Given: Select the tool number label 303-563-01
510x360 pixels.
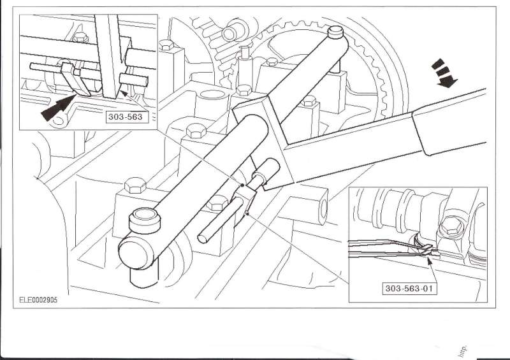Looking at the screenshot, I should tap(412, 288).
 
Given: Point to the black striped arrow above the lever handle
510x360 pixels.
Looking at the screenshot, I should tap(444, 71).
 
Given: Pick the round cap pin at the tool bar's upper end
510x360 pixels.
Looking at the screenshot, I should tap(335, 31).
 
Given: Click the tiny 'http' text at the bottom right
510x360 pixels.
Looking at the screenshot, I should tap(462, 347).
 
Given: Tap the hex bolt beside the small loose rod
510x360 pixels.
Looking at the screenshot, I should tap(214, 205).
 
